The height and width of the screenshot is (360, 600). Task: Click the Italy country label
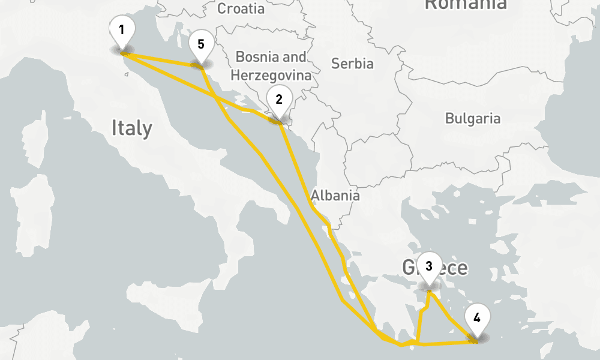tap(131, 128)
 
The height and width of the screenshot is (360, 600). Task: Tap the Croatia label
tap(241, 8)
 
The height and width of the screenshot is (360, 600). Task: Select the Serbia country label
tap(352, 64)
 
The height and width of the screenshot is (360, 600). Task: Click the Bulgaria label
tap(472, 118)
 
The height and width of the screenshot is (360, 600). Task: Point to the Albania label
tap(335, 195)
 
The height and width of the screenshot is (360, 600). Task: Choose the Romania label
tap(465, 5)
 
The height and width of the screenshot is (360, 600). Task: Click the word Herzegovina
tap(271, 75)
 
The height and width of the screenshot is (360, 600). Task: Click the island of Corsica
tap(37, 144)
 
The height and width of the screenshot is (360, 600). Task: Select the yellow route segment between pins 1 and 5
tap(162, 59)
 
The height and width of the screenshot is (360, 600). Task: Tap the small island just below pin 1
tap(126, 74)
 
